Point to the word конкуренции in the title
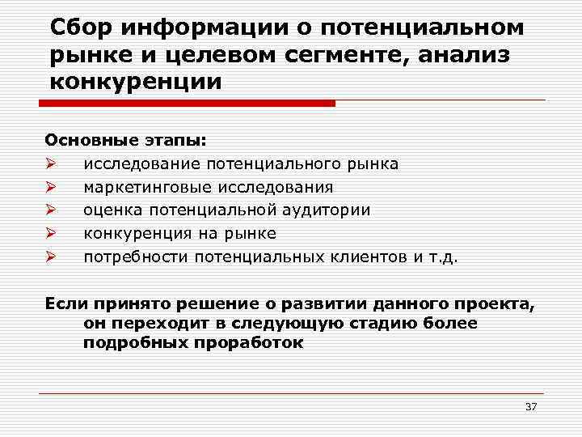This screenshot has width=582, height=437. coord(134,83)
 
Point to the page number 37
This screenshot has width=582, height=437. coord(530,406)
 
